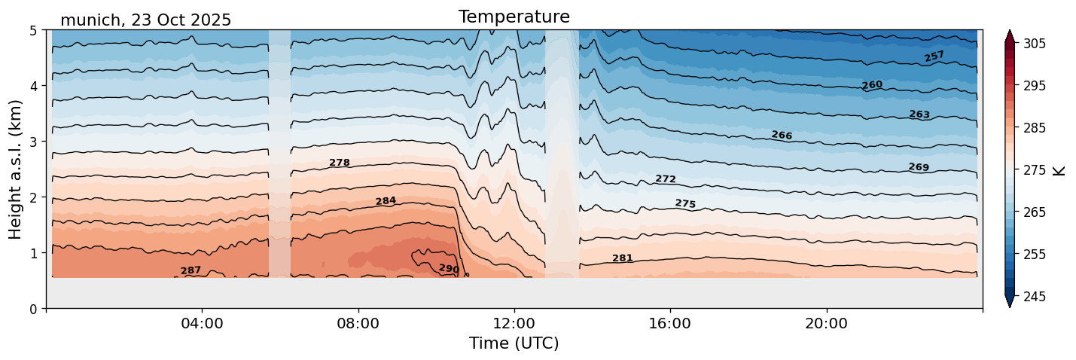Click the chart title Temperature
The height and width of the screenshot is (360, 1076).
(x=514, y=17)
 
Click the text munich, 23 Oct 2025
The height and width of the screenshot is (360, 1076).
(x=145, y=20)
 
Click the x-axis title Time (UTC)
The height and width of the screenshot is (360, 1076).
(x=514, y=343)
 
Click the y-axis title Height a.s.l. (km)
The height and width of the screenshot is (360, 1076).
(x=16, y=169)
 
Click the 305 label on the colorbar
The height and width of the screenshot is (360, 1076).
(x=1032, y=44)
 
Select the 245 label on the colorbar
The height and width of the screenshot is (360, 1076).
(x=1032, y=297)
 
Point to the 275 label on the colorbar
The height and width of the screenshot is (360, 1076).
(x=1032, y=170)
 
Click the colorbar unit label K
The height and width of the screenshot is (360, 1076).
(x=1059, y=170)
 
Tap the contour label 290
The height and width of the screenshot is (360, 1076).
(x=449, y=269)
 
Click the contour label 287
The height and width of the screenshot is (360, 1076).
(x=191, y=270)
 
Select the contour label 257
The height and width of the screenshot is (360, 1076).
(x=934, y=56)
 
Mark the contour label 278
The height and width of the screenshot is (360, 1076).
(x=340, y=163)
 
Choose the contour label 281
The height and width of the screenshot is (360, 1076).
(x=622, y=258)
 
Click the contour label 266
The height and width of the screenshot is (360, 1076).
(x=782, y=136)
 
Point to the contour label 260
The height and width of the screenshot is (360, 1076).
(x=872, y=85)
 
